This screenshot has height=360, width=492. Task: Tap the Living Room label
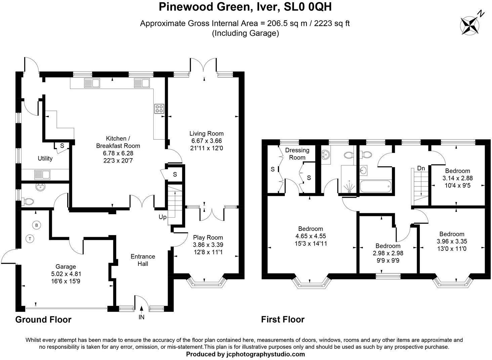[206, 133]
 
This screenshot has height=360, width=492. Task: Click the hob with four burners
[159, 108]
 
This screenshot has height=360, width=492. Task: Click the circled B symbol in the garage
[36, 225]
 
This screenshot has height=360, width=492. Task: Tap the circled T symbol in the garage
[30, 239]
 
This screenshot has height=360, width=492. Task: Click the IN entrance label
[141, 317]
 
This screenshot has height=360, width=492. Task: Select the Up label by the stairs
[163, 217]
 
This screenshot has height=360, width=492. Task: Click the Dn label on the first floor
[421, 168]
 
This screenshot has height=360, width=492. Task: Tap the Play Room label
[208, 237]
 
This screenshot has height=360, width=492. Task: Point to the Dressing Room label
[297, 154]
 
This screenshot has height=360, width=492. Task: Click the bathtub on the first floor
[375, 186]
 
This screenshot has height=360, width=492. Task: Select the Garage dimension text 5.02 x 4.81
[66, 274]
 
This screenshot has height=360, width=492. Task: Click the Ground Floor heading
[43, 319]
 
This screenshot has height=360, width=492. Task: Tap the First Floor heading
[283, 319]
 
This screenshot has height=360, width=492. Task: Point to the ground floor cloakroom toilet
[28, 202]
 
